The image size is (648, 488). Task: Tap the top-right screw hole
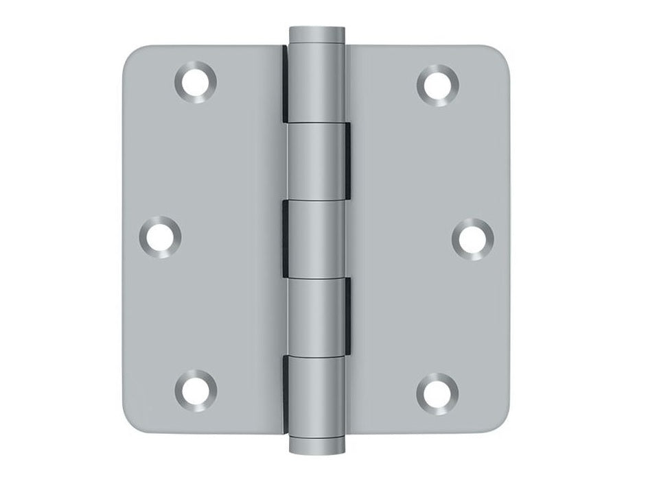(437, 84)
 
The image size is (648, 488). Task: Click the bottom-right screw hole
(437, 389)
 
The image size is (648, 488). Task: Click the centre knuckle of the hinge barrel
(317, 236)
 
